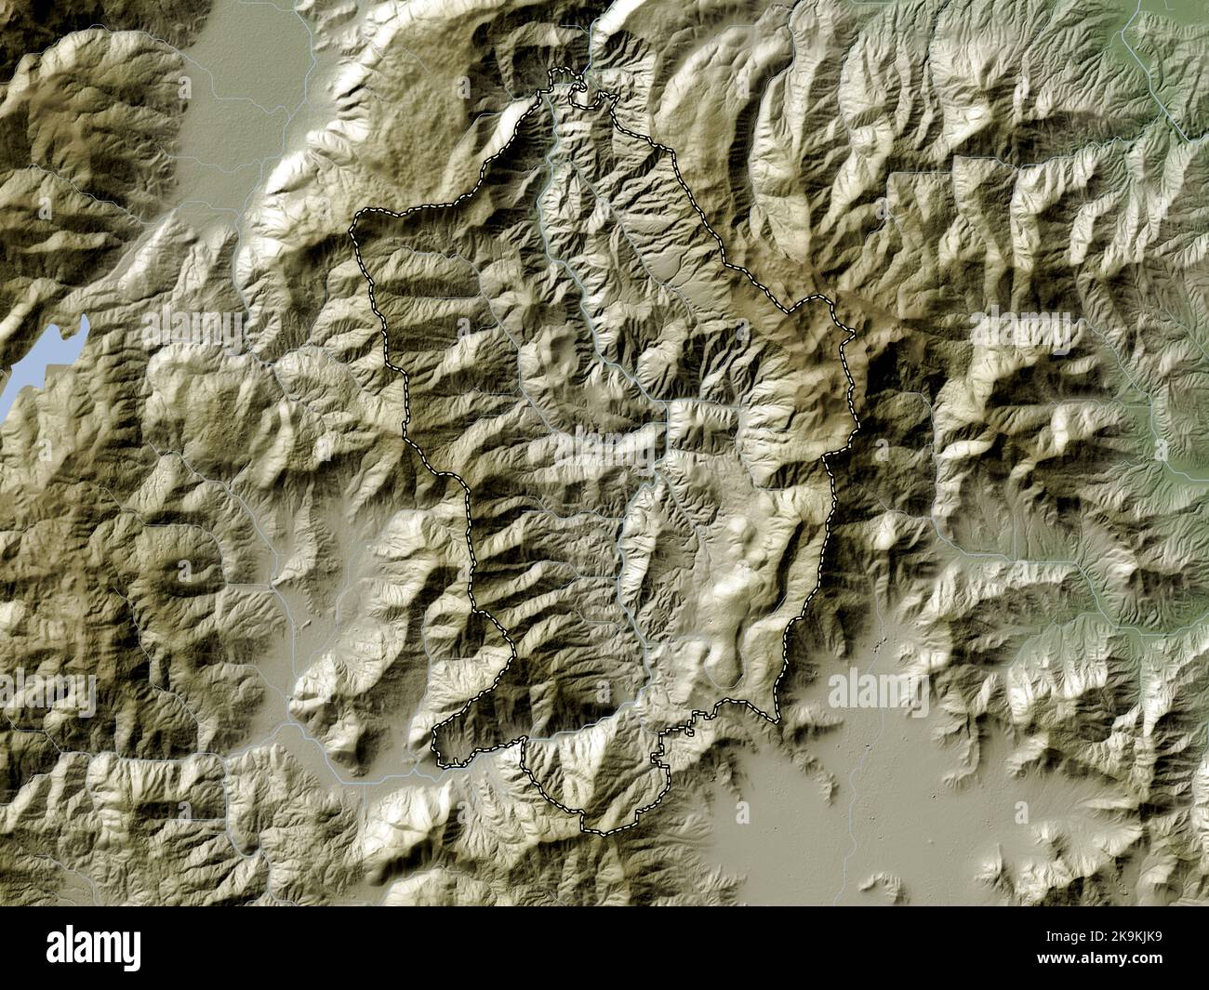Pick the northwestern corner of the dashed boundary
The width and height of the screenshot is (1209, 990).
354,218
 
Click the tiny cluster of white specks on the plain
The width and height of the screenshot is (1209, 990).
879,645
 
